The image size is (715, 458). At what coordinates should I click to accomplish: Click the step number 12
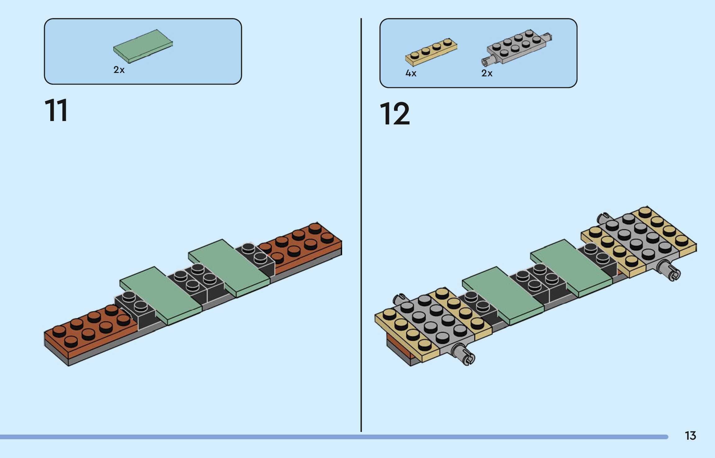[x=395, y=114]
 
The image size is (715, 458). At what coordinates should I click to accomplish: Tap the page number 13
[x=690, y=436]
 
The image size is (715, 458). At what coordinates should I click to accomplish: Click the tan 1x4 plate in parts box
[x=431, y=52]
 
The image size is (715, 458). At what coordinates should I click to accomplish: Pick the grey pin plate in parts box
[x=517, y=47]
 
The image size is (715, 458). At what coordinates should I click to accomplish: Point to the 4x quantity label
[x=411, y=73]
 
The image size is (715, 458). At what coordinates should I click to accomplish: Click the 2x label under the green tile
[x=119, y=70]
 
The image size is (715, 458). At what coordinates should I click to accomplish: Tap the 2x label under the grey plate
[x=487, y=73]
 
